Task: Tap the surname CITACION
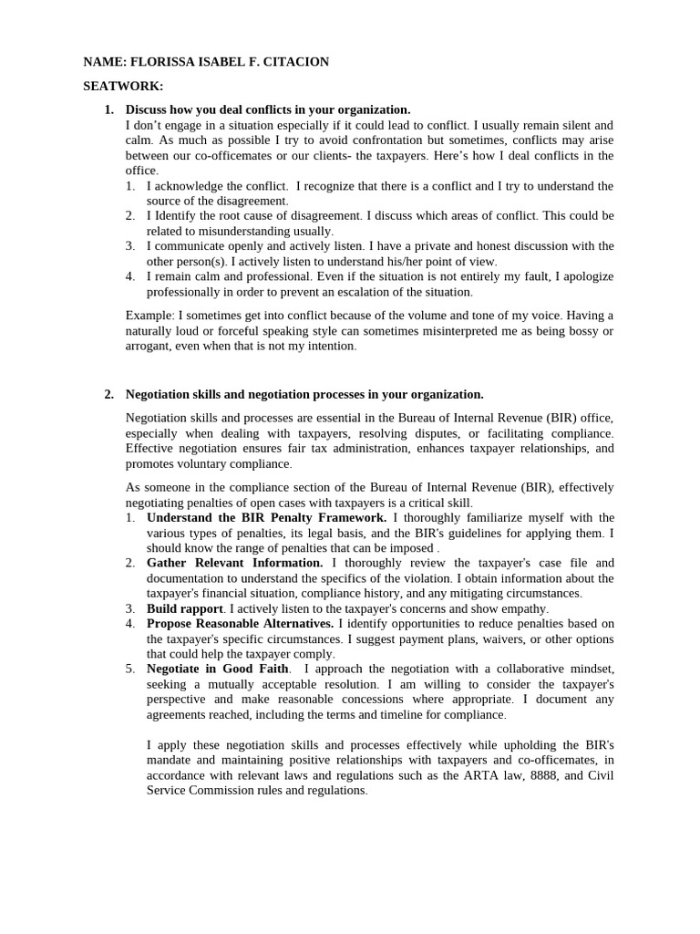(291, 62)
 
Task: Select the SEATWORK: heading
(123, 86)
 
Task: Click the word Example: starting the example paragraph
(149, 316)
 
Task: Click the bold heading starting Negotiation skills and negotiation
(304, 394)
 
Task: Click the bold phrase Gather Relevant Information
(234, 563)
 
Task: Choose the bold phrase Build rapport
(185, 608)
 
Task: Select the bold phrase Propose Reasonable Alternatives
(241, 623)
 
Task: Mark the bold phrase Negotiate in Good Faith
(212, 669)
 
